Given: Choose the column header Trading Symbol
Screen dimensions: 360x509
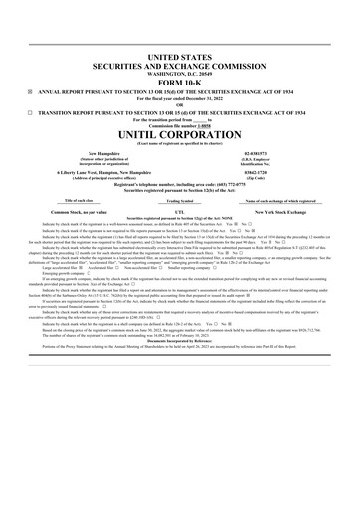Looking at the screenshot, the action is (179, 200).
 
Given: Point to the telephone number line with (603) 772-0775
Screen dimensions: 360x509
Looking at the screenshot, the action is (179, 185).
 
